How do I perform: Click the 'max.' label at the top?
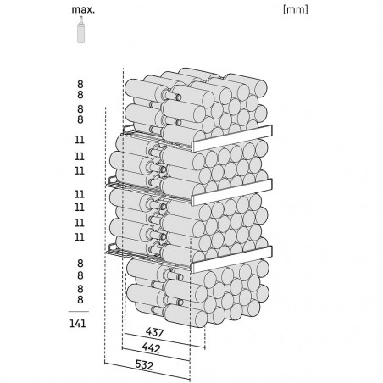point(83,9)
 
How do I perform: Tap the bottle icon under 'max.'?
point(81,30)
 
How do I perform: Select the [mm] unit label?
point(296,9)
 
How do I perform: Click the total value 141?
point(78,324)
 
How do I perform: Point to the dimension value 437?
point(155,332)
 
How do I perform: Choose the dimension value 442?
point(151,348)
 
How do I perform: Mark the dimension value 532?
point(144,365)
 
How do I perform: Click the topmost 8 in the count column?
point(80,84)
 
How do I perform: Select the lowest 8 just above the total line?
point(80,299)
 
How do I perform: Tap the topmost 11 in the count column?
point(80,140)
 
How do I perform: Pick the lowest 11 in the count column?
point(80,236)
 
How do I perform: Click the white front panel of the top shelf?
point(232,138)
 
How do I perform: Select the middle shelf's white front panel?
point(232,191)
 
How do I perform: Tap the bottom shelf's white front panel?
point(232,259)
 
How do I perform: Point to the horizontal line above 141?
point(78,312)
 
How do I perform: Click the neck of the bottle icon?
point(81,20)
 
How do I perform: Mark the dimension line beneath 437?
point(165,341)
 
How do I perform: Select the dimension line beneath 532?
point(147,371)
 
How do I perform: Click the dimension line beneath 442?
point(156,354)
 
